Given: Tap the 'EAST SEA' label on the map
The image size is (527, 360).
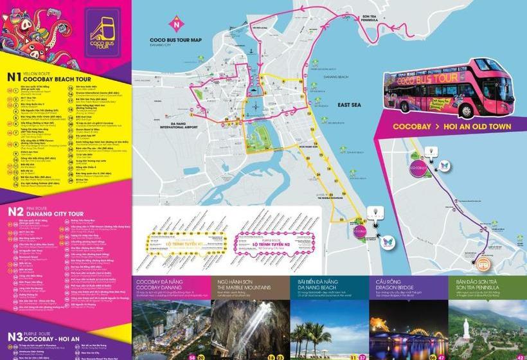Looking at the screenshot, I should [x=348, y=105].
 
